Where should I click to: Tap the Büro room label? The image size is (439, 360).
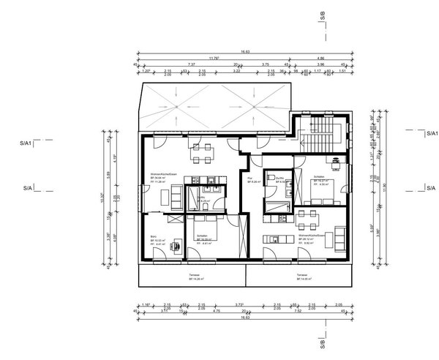154,237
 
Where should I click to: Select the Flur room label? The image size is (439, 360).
249,178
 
